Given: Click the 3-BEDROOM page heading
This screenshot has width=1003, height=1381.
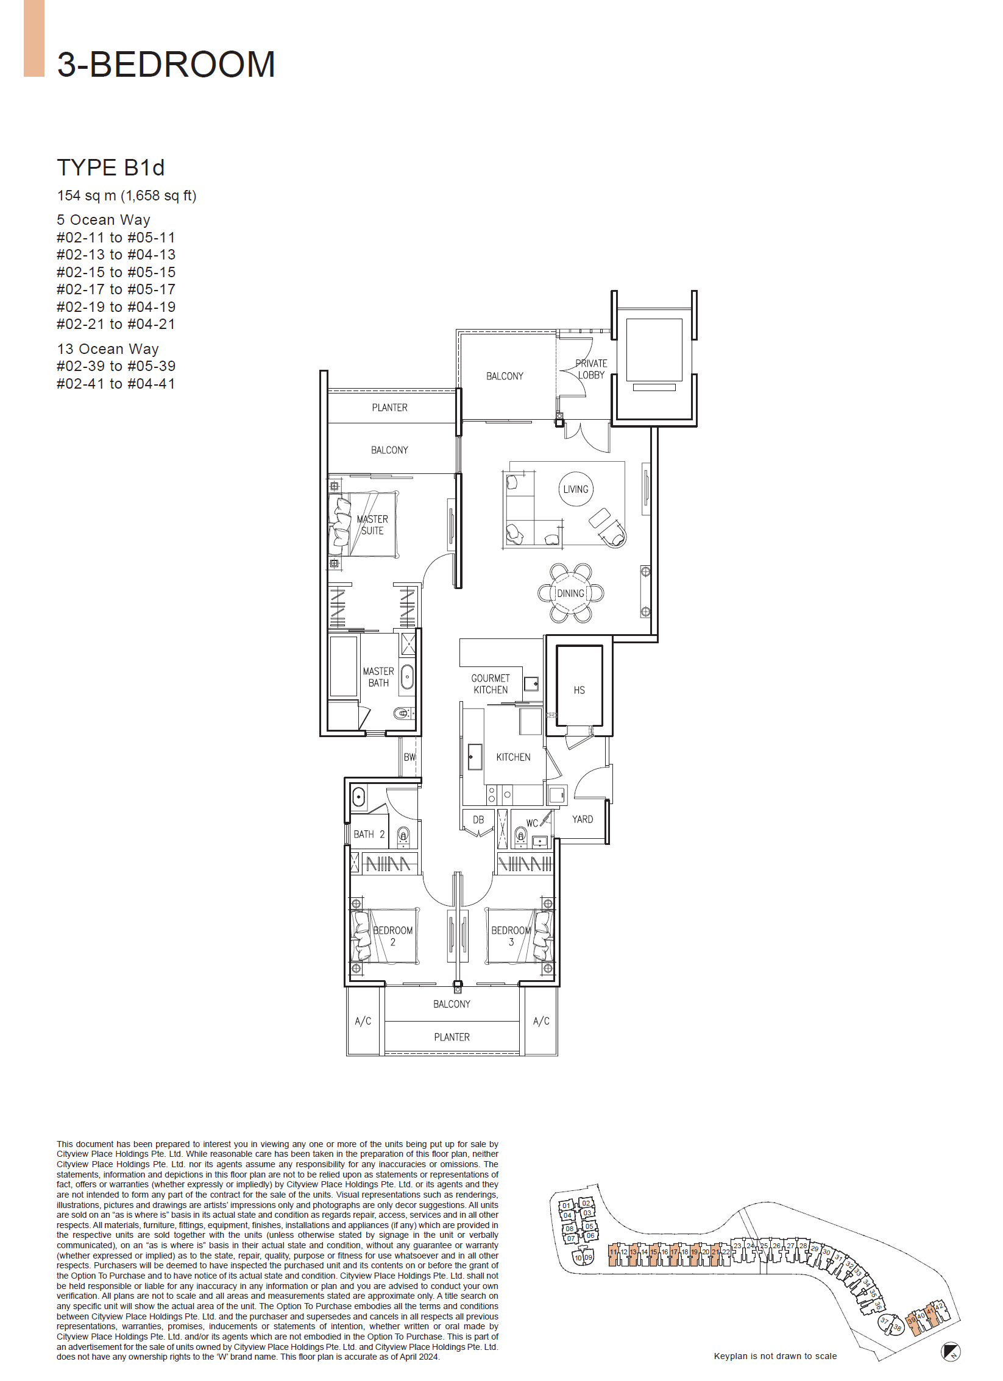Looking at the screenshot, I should coord(166,64).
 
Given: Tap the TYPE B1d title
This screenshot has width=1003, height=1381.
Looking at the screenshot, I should coord(111,168).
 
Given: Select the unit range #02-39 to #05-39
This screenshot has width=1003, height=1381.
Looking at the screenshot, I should coord(116,366).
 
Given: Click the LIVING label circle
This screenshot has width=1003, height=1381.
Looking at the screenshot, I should coord(575,489).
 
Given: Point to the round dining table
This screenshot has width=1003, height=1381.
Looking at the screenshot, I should coord(571,593).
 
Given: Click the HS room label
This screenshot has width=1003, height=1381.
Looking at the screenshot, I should coord(579,690).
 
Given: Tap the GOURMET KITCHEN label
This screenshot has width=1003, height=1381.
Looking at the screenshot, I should coord(491,684).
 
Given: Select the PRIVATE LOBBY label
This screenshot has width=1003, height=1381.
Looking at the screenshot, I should coord(591,369).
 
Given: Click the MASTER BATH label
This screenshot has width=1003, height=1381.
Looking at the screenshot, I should coord(378,677).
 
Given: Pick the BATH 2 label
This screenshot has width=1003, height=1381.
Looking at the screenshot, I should coord(369,835).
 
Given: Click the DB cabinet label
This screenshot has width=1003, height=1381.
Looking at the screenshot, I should coord(478,820).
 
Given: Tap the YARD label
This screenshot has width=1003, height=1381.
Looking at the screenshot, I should coord(582,819).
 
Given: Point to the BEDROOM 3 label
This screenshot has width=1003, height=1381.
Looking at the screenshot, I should coord(511,936).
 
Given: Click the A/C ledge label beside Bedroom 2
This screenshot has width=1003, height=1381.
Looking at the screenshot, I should coord(363,1021).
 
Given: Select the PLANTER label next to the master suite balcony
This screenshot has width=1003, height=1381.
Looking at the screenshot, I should coord(389,408).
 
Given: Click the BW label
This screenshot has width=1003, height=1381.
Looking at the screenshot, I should coord(409,757).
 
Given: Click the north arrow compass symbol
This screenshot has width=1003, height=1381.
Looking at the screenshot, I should coord(950,1351).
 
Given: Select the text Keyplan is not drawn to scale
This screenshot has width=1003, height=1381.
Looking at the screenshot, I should coord(775,1356).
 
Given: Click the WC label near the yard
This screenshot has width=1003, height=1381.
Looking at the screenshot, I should coord(532,823).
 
